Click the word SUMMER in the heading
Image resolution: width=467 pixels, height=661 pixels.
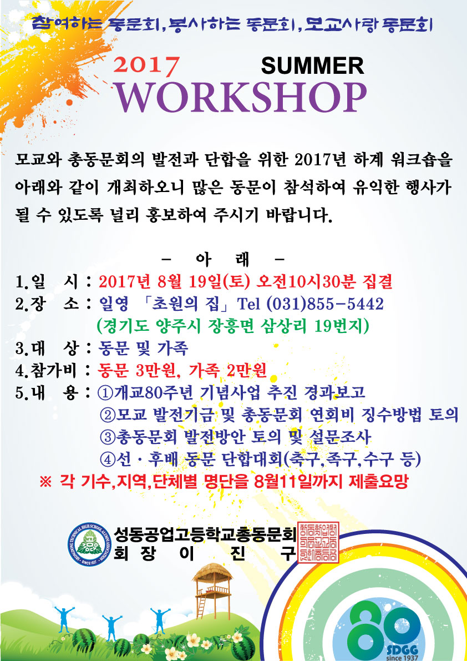coord(312,65)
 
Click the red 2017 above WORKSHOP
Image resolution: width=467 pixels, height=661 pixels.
coord(146,67)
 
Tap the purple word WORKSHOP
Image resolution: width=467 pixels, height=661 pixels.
coord(241,97)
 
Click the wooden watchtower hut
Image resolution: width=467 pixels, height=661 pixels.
coord(212,590)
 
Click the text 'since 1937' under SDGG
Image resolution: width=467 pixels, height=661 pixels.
coord(402,657)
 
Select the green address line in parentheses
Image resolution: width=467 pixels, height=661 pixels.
coord(233,325)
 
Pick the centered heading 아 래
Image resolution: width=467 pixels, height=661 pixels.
coord(223,258)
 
